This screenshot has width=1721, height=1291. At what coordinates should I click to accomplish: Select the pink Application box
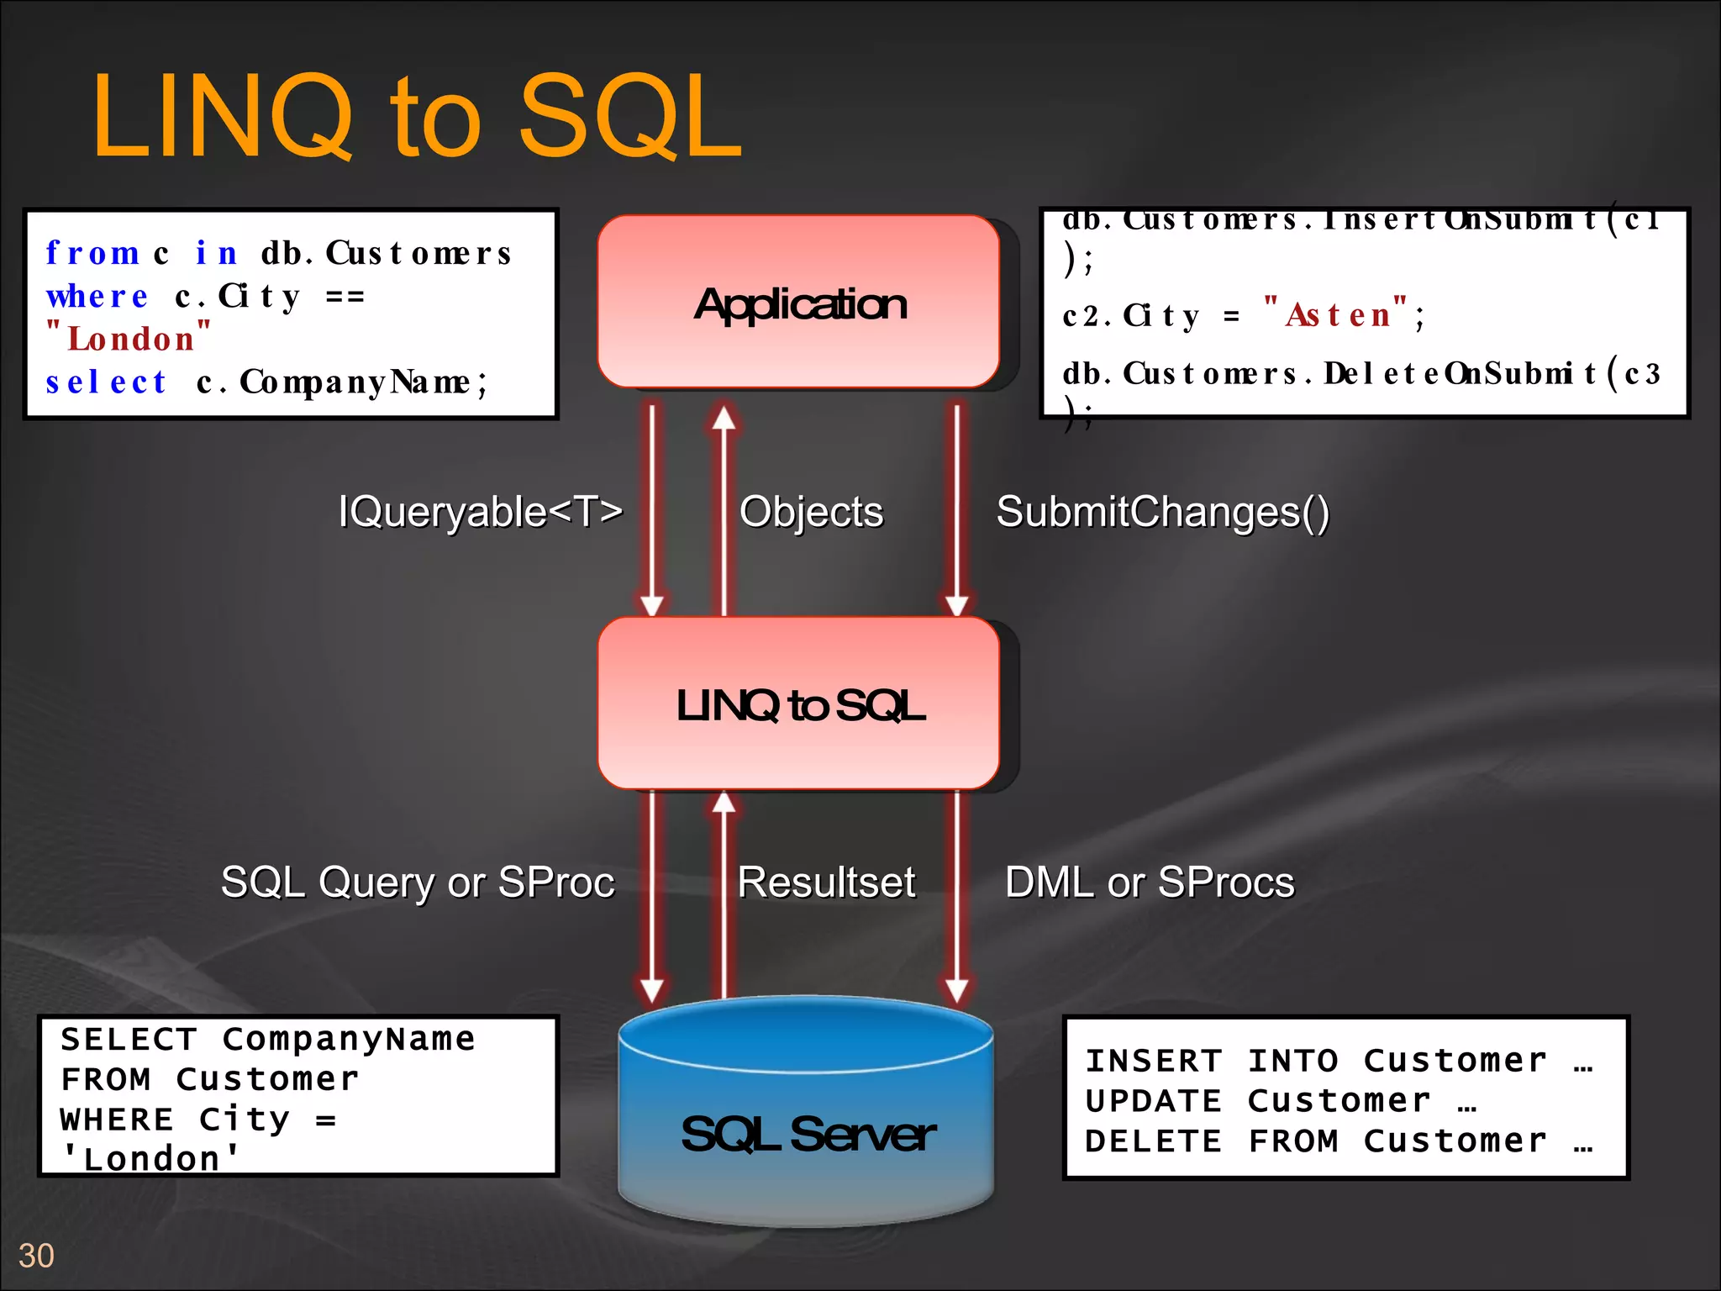tap(798, 303)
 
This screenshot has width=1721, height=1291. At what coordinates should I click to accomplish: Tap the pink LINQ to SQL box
tap(798, 704)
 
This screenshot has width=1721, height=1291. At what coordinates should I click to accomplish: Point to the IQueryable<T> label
tap(481, 511)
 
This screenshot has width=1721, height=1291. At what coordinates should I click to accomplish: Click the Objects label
tap(811, 511)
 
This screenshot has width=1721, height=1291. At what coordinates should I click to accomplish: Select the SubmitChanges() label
tap(1162, 511)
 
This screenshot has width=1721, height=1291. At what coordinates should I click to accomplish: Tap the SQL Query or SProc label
tap(418, 882)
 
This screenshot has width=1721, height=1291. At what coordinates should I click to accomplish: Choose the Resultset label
tap(826, 882)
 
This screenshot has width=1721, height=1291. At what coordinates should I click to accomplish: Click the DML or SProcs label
tap(1150, 882)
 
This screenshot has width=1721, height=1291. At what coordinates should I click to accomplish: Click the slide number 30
tap(36, 1256)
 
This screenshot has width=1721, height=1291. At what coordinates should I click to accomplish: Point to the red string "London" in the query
tap(129, 339)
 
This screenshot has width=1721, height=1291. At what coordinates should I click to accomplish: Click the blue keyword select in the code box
tap(106, 382)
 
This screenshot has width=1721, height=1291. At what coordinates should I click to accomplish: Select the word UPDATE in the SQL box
tap(1153, 1101)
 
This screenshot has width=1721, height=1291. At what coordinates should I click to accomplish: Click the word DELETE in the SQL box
tap(1153, 1141)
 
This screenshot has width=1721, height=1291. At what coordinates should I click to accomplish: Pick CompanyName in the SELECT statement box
tap(349, 1040)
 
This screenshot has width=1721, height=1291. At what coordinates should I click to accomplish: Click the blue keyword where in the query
tap(97, 296)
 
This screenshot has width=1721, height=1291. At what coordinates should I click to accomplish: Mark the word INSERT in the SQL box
tap(1153, 1061)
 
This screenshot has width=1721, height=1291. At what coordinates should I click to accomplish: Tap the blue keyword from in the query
tap(92, 253)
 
